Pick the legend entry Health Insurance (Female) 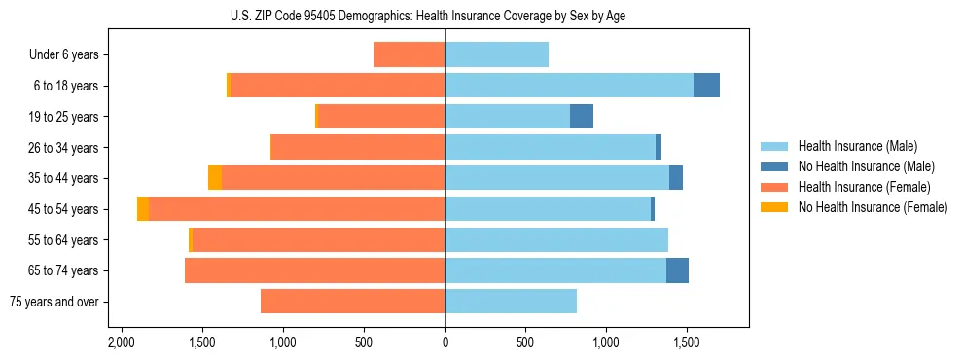click(857, 187)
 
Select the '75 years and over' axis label click(53, 302)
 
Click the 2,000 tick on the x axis click(122, 343)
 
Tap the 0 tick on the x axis click(445, 343)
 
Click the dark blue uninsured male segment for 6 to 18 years click(706, 86)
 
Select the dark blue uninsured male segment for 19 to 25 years click(581, 117)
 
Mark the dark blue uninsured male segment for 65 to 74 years click(677, 270)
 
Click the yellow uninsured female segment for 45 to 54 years click(143, 209)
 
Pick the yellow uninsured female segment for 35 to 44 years click(215, 178)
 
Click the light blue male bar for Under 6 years click(496, 55)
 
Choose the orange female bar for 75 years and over click(352, 302)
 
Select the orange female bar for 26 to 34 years click(357, 148)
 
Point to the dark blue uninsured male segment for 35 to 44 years click(676, 178)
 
